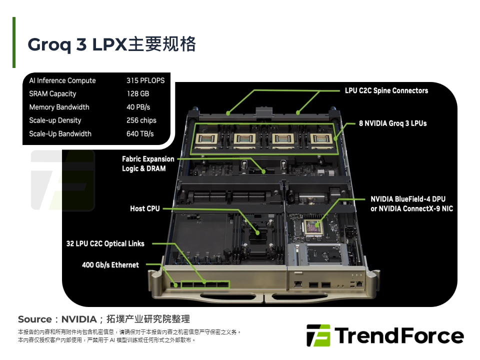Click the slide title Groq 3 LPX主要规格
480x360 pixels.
click(x=111, y=44)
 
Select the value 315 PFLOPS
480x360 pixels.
click(x=145, y=80)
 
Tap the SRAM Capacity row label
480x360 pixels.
click(x=52, y=93)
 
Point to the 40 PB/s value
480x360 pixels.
click(x=138, y=107)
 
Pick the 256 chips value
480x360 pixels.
click(x=141, y=120)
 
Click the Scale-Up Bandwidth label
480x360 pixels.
click(x=60, y=134)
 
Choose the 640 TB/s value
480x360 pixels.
click(x=140, y=134)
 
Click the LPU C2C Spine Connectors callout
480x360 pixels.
click(x=386, y=90)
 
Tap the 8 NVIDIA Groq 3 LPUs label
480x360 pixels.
click(x=392, y=123)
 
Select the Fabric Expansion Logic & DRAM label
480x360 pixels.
click(x=148, y=164)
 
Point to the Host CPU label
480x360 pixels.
click(x=144, y=208)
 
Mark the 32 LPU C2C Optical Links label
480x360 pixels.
click(x=105, y=243)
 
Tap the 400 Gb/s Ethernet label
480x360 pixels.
click(x=110, y=265)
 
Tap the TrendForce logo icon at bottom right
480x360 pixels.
click(x=318, y=335)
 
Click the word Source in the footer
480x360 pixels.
click(x=35, y=319)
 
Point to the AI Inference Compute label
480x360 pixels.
click(x=62, y=80)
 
